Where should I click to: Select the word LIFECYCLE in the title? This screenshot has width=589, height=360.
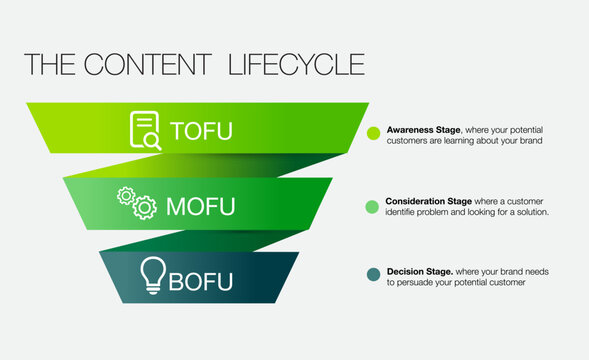[296, 64]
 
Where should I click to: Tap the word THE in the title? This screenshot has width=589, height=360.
[46, 64]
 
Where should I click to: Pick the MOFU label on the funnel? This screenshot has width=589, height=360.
[200, 207]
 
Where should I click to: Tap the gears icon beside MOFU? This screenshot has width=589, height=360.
[137, 202]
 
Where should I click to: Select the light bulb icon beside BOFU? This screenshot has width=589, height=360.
[152, 274]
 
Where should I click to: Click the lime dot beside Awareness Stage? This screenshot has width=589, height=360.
[374, 133]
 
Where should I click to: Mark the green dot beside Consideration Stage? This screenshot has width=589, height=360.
[373, 206]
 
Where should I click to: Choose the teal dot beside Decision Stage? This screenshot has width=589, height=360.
[373, 275]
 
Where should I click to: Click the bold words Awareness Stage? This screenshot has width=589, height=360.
[418, 130]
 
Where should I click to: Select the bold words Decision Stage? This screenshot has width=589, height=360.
[419, 271]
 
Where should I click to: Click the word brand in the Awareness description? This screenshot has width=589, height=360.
[530, 141]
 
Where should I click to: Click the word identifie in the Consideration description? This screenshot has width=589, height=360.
[404, 212]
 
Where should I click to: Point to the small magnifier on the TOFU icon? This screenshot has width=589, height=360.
[152, 142]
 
